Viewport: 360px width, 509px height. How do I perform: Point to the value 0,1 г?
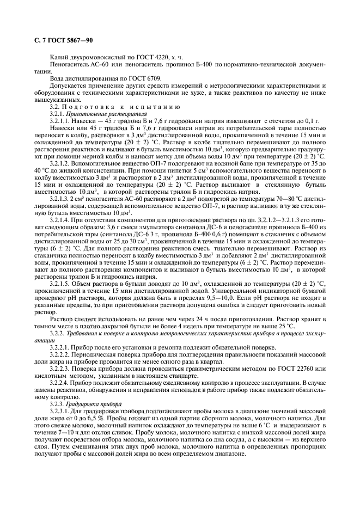pyautogui.click(x=317, y=121)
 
